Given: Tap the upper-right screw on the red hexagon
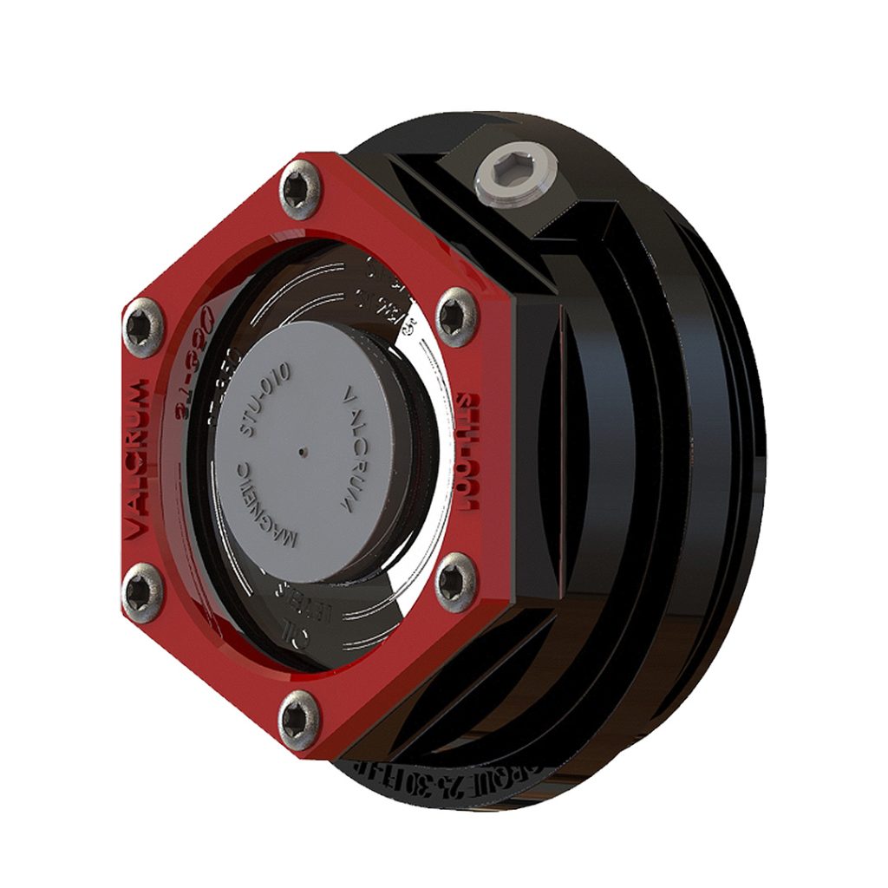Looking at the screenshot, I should tap(454, 317).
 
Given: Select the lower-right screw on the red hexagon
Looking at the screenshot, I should tap(454, 582).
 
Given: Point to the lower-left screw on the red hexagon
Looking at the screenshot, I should tap(142, 594).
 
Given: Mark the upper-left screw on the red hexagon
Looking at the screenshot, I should tap(142, 328).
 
